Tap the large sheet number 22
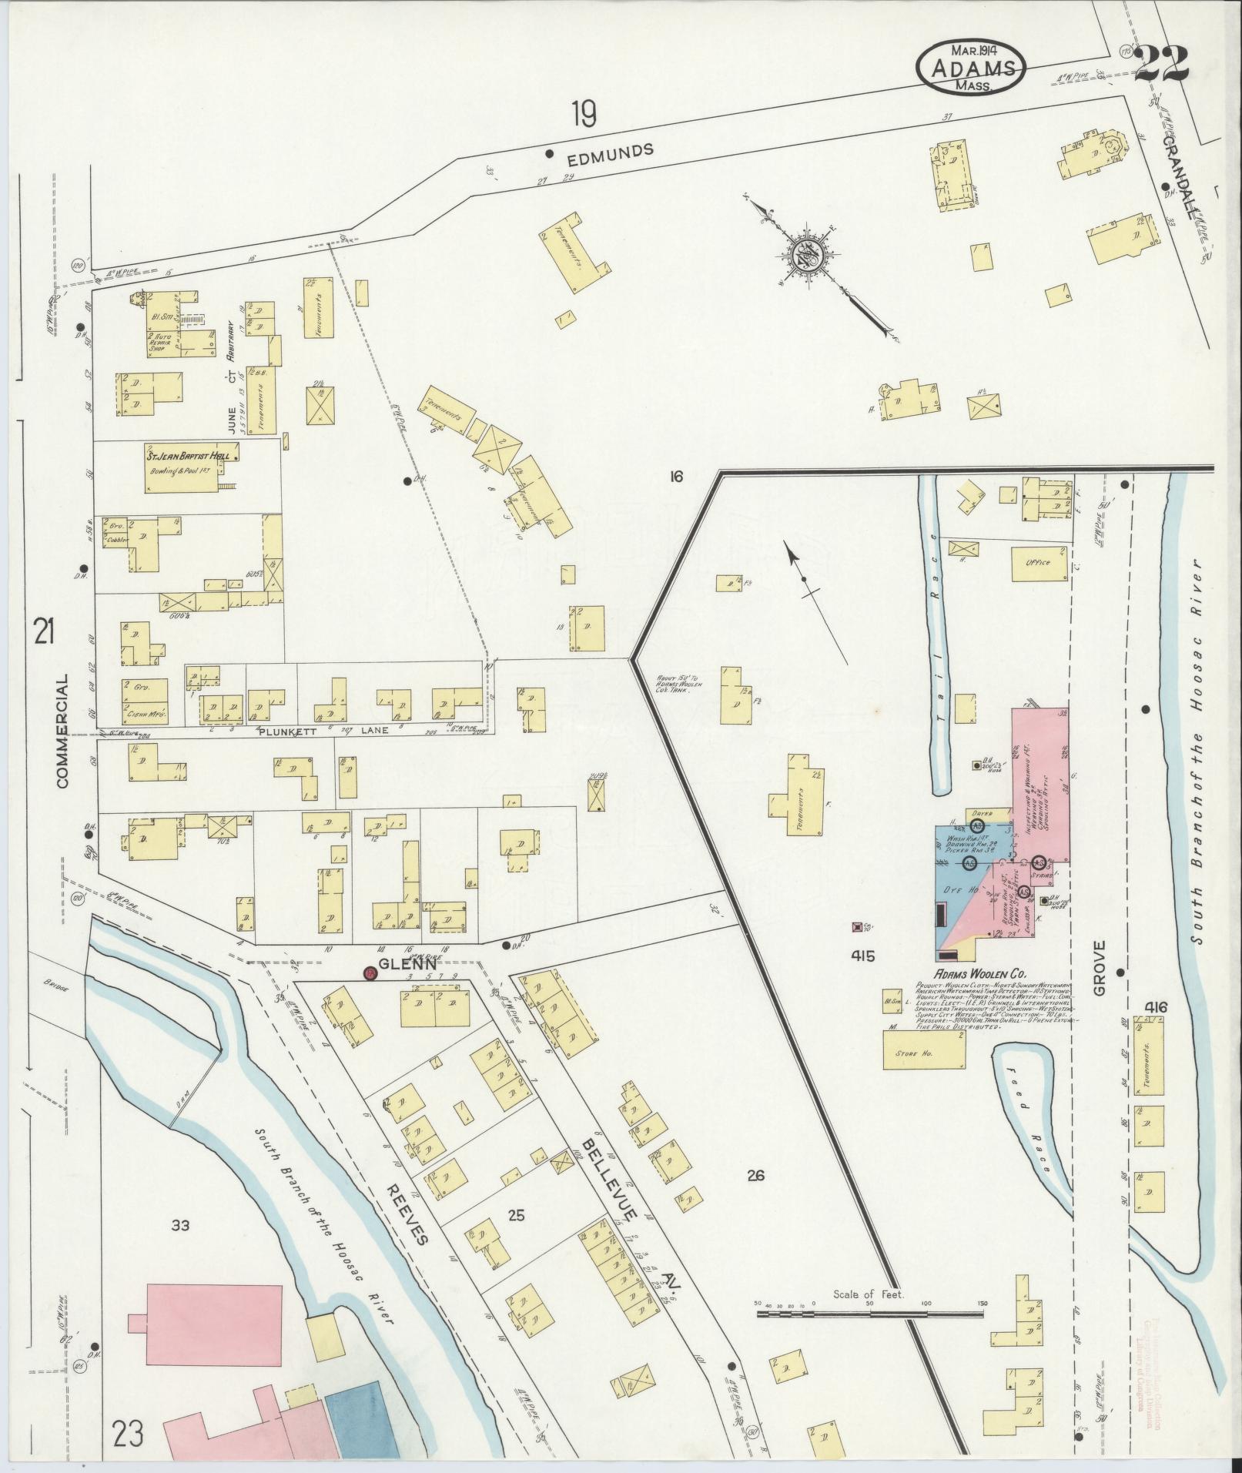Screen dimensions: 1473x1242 [x=1162, y=62]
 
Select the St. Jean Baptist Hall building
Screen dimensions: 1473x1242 [x=189, y=467]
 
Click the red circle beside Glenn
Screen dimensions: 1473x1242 [x=370, y=974]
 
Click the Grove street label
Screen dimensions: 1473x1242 [x=1099, y=966]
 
